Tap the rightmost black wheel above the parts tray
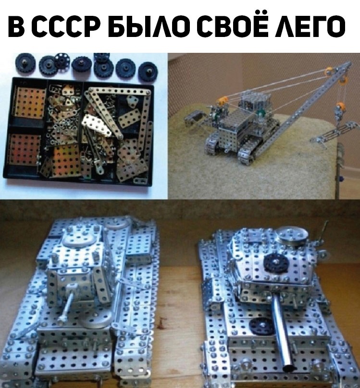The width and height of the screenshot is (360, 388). click(148, 72)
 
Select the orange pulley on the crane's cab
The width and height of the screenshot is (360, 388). click(222, 101)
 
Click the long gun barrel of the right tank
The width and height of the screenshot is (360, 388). click(283, 332)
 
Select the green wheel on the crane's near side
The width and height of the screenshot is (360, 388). click(260, 114)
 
